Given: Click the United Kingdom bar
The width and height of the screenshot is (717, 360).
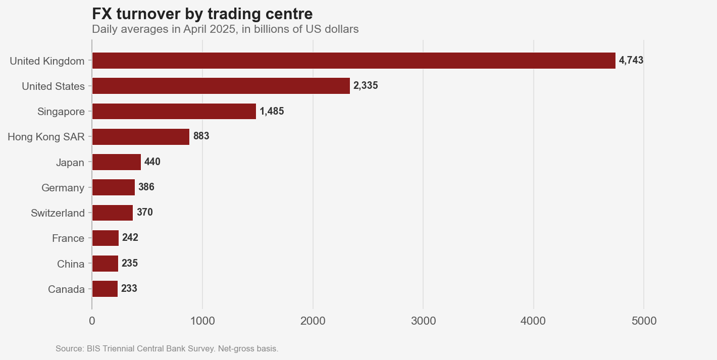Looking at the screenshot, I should [x=353, y=61].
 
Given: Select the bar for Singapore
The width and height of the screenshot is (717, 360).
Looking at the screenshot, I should [x=174, y=111].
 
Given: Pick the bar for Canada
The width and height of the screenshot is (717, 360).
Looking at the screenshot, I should [x=105, y=289].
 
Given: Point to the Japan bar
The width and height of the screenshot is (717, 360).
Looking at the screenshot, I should [x=116, y=162].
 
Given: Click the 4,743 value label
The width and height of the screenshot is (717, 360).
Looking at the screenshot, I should [x=631, y=61].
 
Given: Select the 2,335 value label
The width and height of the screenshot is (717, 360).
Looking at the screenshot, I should [x=366, y=86].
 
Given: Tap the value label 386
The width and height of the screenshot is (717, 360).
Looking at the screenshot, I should [x=146, y=187].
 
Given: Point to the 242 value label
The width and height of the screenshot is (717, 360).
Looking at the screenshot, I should [x=130, y=238].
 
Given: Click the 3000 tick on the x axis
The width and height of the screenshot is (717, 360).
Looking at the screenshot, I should [x=423, y=321].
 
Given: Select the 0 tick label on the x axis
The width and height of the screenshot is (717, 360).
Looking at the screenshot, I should [x=92, y=321].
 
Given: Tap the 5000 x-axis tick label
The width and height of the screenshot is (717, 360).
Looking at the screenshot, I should [x=644, y=321].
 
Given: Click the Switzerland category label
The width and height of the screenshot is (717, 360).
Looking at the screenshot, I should [x=58, y=213].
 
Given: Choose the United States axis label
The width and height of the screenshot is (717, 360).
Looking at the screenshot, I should [x=53, y=86].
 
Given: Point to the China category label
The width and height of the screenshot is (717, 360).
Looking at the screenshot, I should [x=71, y=264].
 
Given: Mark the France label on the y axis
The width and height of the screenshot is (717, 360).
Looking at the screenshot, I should [x=68, y=238].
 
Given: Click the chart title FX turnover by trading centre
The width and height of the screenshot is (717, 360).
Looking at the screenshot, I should [x=202, y=14].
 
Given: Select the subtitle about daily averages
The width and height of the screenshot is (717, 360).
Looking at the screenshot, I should [x=225, y=29].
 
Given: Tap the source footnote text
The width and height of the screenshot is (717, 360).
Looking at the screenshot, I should [x=167, y=349].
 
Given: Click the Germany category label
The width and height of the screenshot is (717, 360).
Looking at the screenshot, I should [x=63, y=188].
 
